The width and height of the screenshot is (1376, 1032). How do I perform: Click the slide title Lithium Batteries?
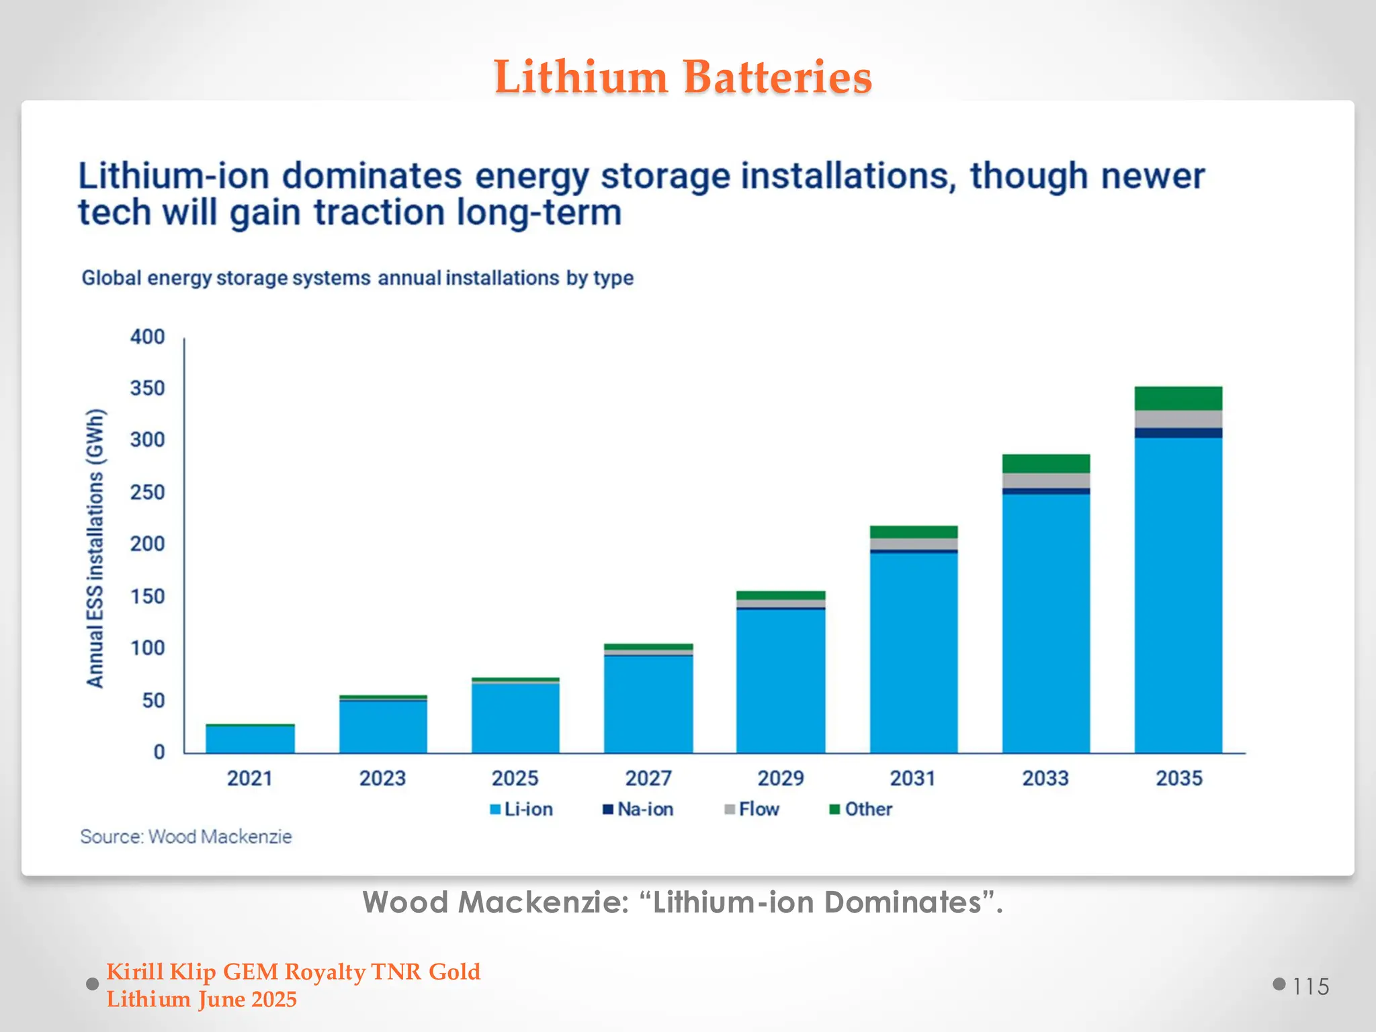click(683, 77)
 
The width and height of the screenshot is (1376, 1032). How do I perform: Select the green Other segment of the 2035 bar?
click(1178, 398)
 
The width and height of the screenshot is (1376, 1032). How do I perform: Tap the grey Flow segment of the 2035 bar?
click(1178, 419)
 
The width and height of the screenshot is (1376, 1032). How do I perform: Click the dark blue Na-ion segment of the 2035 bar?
click(1178, 433)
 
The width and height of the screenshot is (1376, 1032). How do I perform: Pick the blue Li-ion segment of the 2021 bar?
click(250, 739)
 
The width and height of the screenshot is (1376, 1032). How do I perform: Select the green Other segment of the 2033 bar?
click(1045, 464)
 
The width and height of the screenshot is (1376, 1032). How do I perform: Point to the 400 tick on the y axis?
click(147, 337)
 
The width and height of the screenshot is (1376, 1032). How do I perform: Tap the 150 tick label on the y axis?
click(147, 596)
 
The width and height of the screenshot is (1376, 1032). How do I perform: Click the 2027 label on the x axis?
click(648, 778)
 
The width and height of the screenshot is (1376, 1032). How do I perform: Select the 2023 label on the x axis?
click(382, 778)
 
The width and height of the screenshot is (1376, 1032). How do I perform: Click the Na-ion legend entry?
click(638, 809)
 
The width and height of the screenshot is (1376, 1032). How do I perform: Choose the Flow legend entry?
click(752, 809)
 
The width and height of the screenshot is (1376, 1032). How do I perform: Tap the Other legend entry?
click(861, 809)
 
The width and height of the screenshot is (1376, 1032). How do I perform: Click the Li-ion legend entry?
click(521, 809)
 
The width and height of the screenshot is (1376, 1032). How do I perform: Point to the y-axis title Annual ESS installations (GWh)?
click(95, 548)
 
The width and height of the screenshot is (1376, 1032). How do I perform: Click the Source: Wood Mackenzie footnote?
click(186, 836)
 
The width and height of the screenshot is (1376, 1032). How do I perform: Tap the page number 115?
click(1310, 986)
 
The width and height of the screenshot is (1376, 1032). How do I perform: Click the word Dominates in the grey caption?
click(902, 902)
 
